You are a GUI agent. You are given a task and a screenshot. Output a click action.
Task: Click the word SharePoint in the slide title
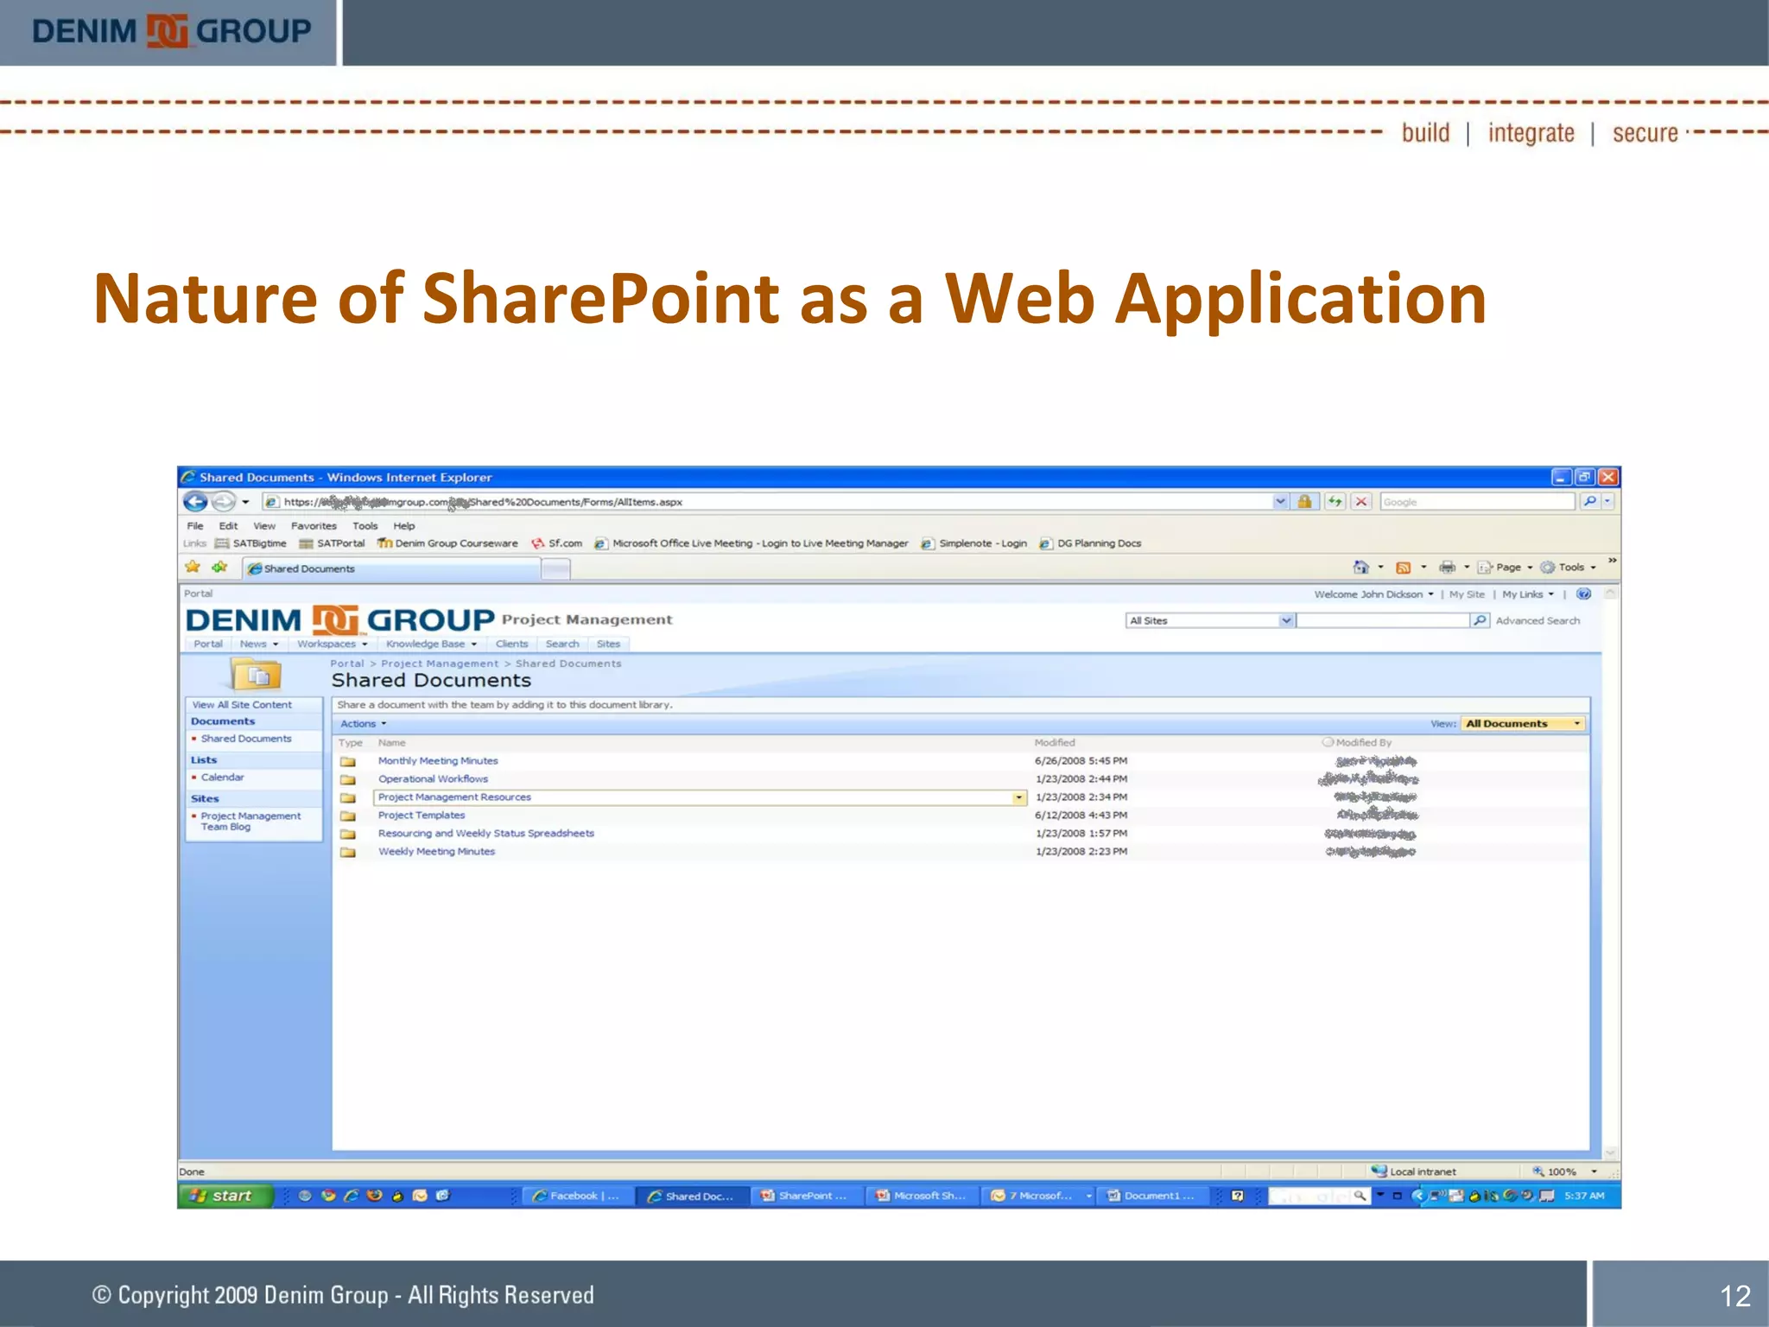coord(601,298)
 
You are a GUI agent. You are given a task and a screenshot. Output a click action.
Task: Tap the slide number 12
coord(1734,1295)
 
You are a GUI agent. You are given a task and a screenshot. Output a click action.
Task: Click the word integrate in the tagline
coord(1531,133)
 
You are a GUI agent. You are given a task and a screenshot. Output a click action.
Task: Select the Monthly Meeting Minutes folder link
coord(438,761)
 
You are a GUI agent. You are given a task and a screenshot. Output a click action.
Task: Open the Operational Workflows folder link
coord(433,779)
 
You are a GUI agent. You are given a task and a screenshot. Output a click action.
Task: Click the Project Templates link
coord(422,816)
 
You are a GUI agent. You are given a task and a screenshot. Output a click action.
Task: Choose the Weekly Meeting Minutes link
coord(436,852)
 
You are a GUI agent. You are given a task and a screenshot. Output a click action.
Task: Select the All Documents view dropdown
coord(1522,724)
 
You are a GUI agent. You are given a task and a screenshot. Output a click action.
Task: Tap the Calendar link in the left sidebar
coord(222,778)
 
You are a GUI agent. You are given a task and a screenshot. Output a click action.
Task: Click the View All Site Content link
coord(242,705)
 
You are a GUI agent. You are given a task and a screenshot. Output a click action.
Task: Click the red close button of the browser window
coord(1607,477)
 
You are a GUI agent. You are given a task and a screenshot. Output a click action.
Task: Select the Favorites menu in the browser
coord(314,526)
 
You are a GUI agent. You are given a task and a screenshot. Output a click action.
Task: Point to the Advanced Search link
coord(1538,621)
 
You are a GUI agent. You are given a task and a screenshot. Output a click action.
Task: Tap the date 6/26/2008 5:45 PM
coord(1081,761)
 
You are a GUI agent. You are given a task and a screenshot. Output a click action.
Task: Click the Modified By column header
coord(1363,743)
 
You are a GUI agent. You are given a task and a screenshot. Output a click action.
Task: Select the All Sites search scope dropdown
coord(1210,621)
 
